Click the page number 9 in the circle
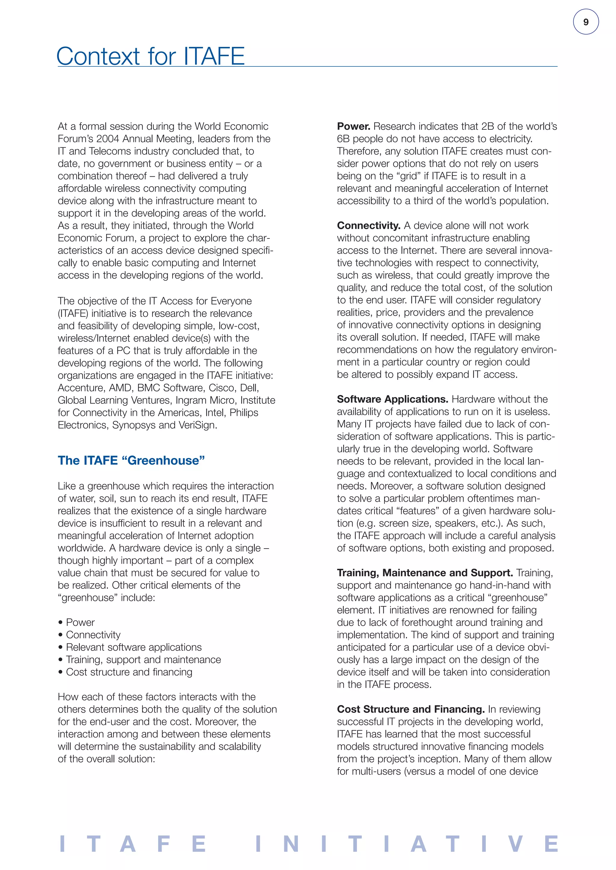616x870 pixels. click(586, 22)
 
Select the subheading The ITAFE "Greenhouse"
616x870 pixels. click(131, 461)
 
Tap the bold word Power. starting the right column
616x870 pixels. click(353, 126)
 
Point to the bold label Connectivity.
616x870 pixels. click(369, 226)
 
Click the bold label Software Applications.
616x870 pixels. click(393, 399)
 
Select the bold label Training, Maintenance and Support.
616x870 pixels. click(425, 573)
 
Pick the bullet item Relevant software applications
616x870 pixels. click(134, 647)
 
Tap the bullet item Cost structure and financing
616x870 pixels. click(129, 672)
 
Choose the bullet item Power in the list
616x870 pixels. click(80, 622)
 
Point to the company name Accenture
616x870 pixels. click(80, 388)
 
